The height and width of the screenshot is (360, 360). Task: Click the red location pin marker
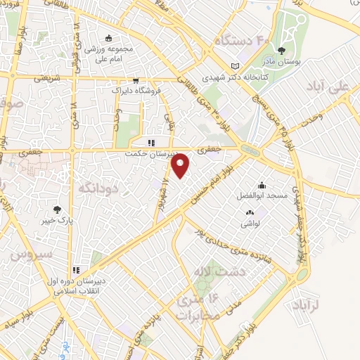(x=181, y=167)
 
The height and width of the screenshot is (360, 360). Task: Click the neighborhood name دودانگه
(x=96, y=188)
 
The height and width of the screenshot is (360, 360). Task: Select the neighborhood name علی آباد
(x=328, y=86)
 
